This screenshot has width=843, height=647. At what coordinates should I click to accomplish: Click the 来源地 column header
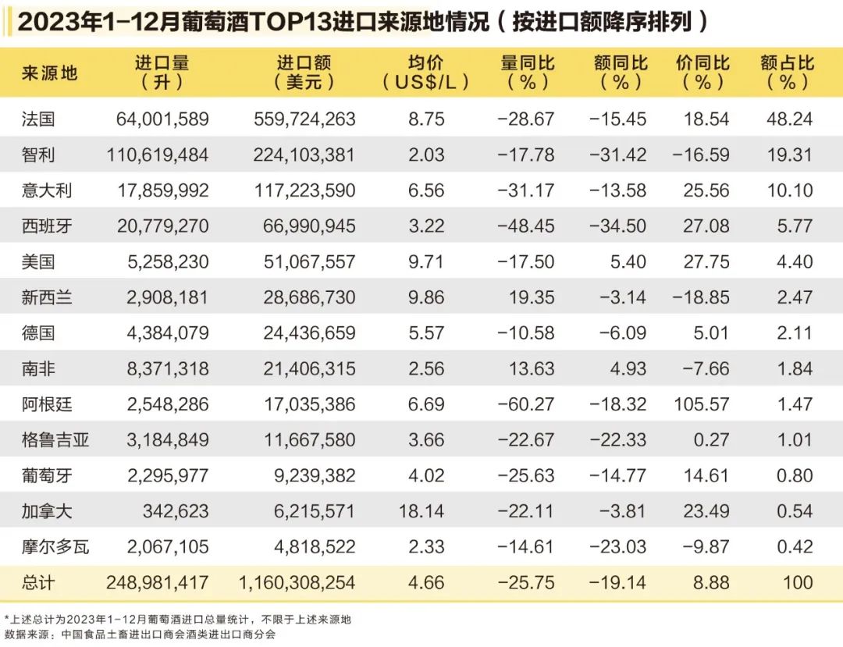(x=50, y=73)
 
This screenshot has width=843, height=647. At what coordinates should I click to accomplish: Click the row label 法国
(x=38, y=119)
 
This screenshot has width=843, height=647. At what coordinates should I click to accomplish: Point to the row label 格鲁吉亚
(x=55, y=440)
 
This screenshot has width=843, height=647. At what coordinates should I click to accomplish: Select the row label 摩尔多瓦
(x=55, y=547)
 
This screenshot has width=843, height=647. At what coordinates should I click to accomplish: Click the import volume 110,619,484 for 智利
(x=158, y=155)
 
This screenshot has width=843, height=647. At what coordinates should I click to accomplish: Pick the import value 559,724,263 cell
(x=304, y=119)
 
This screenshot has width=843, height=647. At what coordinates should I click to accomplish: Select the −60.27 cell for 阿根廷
(x=526, y=404)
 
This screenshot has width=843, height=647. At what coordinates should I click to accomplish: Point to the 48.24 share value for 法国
(x=789, y=119)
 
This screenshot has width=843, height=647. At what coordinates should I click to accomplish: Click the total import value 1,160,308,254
(x=296, y=583)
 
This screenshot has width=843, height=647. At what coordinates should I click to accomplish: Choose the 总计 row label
(x=38, y=583)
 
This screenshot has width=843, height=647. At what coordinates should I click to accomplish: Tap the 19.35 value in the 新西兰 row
(x=532, y=297)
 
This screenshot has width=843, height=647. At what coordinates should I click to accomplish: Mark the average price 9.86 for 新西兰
(x=426, y=297)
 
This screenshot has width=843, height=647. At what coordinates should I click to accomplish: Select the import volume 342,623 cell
(x=176, y=511)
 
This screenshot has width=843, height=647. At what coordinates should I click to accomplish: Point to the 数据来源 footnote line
(x=140, y=635)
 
